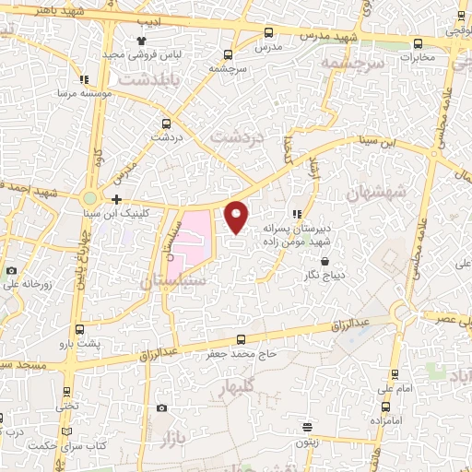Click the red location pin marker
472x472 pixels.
coord(237,216)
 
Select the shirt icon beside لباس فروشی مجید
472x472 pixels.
coord(141,41)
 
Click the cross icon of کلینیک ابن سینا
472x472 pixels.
coord(116,199)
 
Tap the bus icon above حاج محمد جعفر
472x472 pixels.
coord(242,339)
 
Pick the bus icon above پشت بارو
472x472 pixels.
coord(81,329)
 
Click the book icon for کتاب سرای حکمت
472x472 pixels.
coord(65,431)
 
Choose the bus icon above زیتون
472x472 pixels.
coord(307,427)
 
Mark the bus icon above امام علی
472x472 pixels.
coord(395,374)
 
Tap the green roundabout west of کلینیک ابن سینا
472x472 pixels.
coord(89,198)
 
